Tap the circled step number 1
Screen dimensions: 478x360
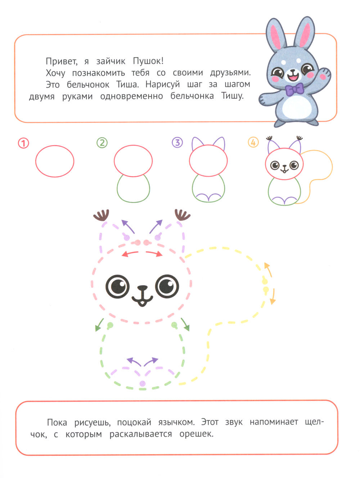[x=23, y=143]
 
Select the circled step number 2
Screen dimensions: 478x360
[x=102, y=143]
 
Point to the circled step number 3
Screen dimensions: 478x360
[x=177, y=143]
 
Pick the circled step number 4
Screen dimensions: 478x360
[x=253, y=143]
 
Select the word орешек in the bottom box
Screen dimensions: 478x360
[x=197, y=434]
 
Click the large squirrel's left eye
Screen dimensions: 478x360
[x=117, y=286]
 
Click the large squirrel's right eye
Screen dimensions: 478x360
[x=167, y=286]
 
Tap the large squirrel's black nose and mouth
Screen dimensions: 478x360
[x=142, y=295]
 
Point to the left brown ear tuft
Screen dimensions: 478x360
[x=102, y=216]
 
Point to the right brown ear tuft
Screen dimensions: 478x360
[x=182, y=215]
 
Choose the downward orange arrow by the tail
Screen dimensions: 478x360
[x=273, y=297]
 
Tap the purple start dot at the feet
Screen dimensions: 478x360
[x=143, y=384]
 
